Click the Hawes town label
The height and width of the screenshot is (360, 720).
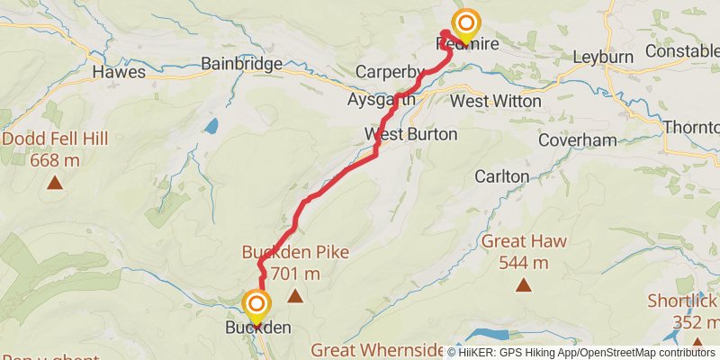click(x=118, y=69)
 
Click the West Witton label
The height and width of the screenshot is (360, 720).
click(x=496, y=101)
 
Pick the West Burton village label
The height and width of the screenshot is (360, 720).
click(x=410, y=134)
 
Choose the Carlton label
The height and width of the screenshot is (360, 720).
click(x=502, y=176)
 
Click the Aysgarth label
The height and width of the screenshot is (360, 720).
click(x=381, y=100)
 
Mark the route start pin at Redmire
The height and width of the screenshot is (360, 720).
click(x=466, y=25)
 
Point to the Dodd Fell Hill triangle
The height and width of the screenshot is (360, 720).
click(x=56, y=183)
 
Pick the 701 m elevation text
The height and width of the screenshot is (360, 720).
click(x=294, y=273)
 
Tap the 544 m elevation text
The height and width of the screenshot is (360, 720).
click(x=526, y=263)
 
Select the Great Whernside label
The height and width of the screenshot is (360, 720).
click(x=377, y=349)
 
